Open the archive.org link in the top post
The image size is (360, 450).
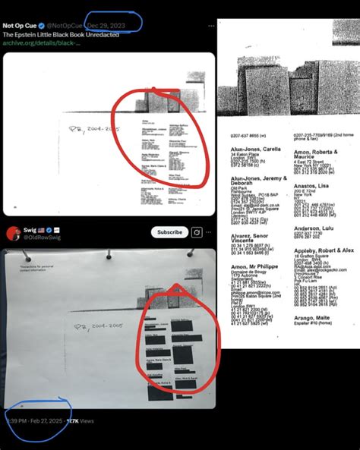tap(42, 43)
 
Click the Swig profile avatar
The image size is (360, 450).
tap(12, 232)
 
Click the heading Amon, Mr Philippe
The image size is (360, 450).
tap(249, 269)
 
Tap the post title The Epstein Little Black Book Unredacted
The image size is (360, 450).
tap(61, 34)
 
